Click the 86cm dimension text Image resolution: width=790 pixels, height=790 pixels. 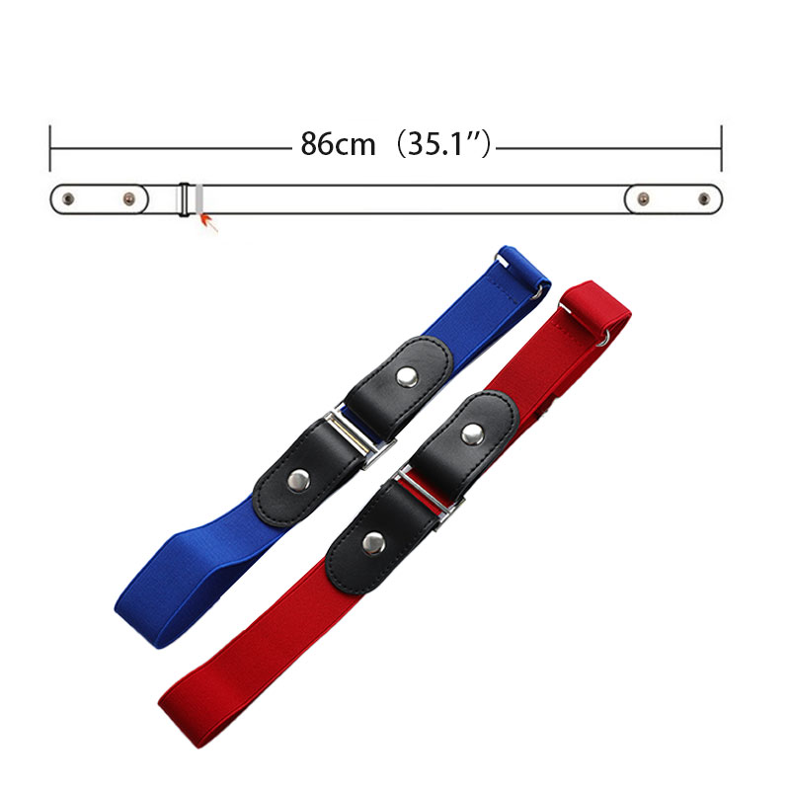point(338,144)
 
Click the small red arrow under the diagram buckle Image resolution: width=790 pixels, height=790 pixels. point(209,222)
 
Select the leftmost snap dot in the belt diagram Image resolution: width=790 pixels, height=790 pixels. point(68,199)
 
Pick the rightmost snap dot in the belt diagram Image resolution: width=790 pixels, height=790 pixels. point(704,199)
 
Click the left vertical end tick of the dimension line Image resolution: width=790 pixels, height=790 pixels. point(50,148)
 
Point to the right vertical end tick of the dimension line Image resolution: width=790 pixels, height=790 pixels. point(722,148)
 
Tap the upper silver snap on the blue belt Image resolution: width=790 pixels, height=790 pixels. point(407,377)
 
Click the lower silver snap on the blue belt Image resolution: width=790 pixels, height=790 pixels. point(299,480)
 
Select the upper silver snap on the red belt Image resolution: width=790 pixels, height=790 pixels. point(473,434)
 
